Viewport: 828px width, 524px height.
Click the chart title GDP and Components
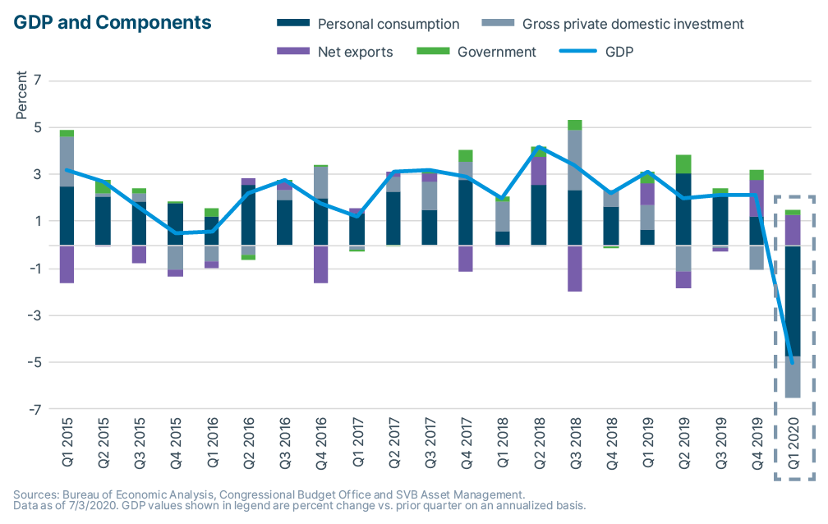[113, 22]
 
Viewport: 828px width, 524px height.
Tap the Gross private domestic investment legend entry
[633, 25]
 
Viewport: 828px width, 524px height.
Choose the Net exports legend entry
[355, 53]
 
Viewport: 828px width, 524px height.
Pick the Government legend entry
[496, 53]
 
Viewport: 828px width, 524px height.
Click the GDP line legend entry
[618, 53]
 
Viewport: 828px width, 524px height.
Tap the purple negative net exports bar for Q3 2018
[574, 269]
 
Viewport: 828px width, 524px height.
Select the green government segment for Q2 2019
[683, 163]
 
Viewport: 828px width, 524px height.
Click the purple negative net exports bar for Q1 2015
[67, 264]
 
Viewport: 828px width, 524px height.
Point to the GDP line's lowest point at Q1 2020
[792, 362]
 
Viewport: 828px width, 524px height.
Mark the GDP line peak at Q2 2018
[538, 147]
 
